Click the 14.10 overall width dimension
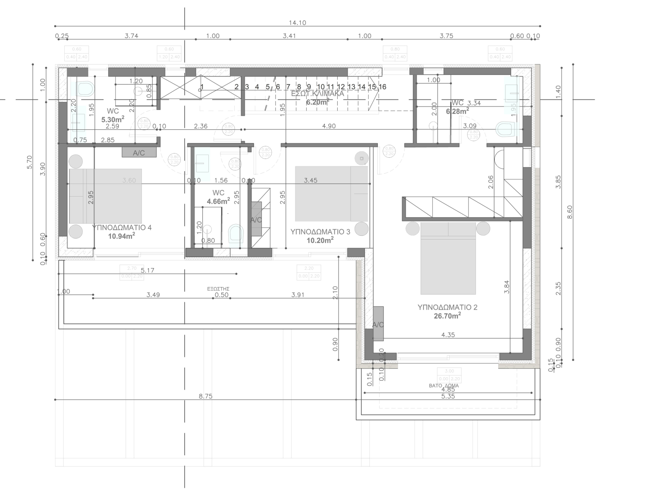[x=297, y=23]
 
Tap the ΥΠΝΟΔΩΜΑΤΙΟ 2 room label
[x=447, y=307]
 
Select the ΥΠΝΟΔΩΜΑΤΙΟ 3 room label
[x=320, y=231]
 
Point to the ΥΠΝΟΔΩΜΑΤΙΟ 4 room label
[x=122, y=227]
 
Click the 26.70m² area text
[x=447, y=316]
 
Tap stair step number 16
[x=382, y=87]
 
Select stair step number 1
[x=202, y=87]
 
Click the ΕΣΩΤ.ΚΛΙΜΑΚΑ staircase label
[x=317, y=93]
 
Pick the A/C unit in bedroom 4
[x=138, y=153]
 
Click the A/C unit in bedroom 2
[x=378, y=324]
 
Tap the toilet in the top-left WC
[x=85, y=89]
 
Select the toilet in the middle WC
[x=236, y=234]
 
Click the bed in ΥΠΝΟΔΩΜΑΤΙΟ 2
[x=448, y=259]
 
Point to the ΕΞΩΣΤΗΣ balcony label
[x=218, y=288]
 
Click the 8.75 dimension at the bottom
[x=205, y=396]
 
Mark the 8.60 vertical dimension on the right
[x=569, y=212]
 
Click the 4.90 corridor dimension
[x=329, y=126]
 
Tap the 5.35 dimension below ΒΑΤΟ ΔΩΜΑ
[x=448, y=396]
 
